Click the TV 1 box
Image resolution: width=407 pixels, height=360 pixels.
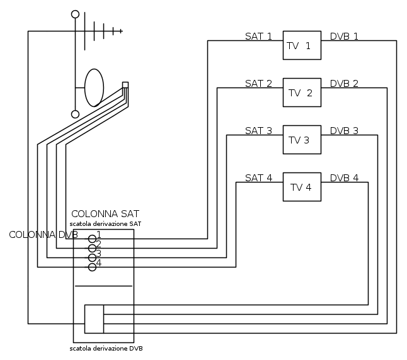coord(301,45)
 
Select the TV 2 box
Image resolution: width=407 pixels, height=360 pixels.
coord(301,93)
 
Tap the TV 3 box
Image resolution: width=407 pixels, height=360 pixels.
coord(301,140)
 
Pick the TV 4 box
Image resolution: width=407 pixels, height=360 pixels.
coord(301,187)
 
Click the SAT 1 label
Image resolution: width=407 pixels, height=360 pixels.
coord(258,36)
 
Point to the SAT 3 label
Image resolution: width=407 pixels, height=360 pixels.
coord(258,131)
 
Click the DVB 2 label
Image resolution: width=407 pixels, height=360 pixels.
coord(344,83)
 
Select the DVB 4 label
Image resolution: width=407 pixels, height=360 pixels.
coord(344,177)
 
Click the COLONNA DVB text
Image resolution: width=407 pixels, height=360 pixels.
coord(43,235)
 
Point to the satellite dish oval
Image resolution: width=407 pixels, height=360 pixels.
coord(94,87)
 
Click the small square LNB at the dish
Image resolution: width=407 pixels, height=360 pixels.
coord(125,85)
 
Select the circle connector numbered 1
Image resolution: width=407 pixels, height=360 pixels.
coord(92,239)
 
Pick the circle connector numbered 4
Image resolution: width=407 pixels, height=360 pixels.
coord(92,267)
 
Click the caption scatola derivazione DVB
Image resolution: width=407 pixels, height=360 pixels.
coord(110,348)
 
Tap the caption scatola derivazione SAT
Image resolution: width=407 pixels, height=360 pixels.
coord(105,223)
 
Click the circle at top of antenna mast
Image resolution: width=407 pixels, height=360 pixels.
coord(76,14)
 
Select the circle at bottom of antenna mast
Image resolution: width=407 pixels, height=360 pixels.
coord(76,114)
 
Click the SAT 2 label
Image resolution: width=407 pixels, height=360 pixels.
coord(258,83)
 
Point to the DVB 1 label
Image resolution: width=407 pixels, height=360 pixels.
coord(344,36)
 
